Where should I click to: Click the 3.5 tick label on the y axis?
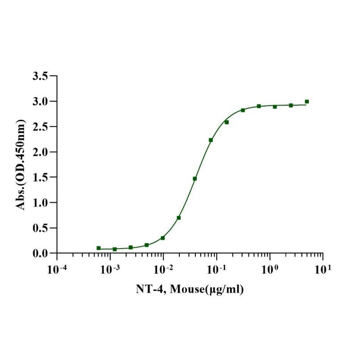(x=41, y=76)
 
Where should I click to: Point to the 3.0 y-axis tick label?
(x=41, y=101)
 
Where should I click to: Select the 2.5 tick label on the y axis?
(x=41, y=127)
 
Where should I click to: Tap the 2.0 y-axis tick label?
(x=41, y=152)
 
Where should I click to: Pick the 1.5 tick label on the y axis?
(x=41, y=177)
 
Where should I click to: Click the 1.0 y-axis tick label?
(x=41, y=203)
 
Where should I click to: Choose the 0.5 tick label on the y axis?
(x=41, y=228)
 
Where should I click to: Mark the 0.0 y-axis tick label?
(x=41, y=253)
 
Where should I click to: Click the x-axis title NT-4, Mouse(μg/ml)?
(x=190, y=290)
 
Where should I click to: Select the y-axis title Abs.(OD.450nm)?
(x=21, y=165)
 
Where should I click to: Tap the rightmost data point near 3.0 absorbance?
(x=307, y=102)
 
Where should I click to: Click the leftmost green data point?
(x=99, y=248)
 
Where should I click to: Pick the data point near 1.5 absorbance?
(x=195, y=178)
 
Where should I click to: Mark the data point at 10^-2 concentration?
(x=163, y=238)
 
